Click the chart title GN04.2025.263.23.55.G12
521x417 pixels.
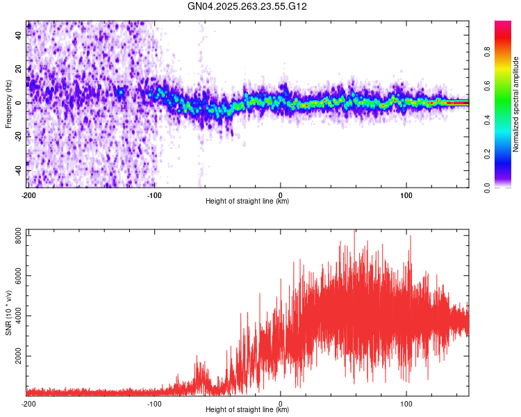pos(247,6)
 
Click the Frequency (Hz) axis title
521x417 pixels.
pos(8,104)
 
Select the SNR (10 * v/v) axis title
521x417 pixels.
pos(8,313)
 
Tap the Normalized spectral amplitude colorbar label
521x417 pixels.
pos(516,104)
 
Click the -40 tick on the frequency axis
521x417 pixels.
pos(18,171)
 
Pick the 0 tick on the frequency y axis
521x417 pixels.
pos(18,103)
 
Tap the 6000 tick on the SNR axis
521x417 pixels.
pos(18,276)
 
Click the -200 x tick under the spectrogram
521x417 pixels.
pos(28,195)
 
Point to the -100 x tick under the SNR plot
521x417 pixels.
pos(154,403)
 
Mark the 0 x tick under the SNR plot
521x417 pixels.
pos(281,403)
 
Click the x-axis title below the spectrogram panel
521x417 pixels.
pos(247,202)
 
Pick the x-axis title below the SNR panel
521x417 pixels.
pos(247,409)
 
